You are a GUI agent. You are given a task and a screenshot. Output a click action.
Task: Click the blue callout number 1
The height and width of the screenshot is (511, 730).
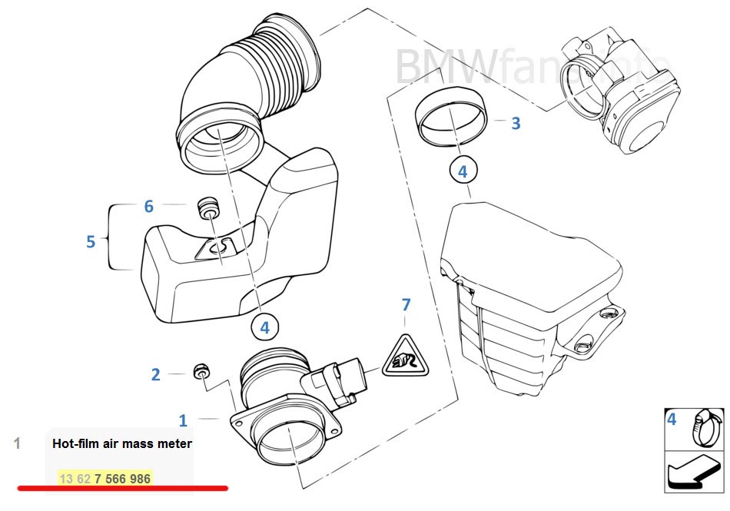tap(183, 420)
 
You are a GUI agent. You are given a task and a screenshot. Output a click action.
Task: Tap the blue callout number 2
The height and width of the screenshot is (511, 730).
tap(156, 375)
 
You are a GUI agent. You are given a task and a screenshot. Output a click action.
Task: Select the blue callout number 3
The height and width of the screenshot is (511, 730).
tap(516, 122)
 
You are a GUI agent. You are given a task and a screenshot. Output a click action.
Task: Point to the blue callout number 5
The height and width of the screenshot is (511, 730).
tap(91, 241)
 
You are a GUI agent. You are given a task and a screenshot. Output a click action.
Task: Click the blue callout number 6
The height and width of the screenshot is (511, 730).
tap(149, 206)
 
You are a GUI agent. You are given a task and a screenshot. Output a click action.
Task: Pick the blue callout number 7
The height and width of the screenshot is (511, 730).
tap(406, 305)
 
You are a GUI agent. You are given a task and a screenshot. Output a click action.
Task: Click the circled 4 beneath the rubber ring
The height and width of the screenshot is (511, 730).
tap(463, 171)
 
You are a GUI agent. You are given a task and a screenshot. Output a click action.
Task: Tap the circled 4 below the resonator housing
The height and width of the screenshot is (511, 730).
tap(264, 327)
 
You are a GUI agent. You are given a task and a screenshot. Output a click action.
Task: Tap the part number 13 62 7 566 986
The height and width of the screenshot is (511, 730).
tap(105, 479)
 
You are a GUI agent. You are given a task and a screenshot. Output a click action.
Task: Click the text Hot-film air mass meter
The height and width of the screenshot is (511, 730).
tap(122, 443)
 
